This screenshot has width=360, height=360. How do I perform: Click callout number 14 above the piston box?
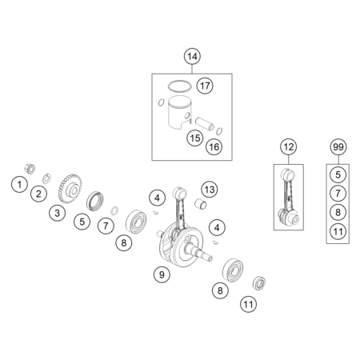pos(192,57)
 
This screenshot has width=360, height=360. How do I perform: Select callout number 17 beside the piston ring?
pos(205,86)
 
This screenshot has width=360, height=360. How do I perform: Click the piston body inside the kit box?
pos(180,113)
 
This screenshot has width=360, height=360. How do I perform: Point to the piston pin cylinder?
pos(205,124)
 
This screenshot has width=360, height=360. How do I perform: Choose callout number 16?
pos(214,146)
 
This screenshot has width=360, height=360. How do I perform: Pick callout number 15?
pos(195,138)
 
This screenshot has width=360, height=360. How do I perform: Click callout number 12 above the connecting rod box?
pos(288,146)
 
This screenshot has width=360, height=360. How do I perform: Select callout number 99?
pos(338,146)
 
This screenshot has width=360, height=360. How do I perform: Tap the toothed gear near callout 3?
pos(70,189)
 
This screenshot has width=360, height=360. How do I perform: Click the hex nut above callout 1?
pos(30,169)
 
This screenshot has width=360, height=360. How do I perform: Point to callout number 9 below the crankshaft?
pos(162,274)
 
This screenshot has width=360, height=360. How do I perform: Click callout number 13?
pos(210,190)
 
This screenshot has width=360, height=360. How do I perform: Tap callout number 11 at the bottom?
pos(248,304)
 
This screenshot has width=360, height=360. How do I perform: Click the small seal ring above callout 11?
pos(258,283)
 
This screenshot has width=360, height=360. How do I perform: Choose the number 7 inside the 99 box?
pos(338,193)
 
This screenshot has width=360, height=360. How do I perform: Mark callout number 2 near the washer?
pos(38,194)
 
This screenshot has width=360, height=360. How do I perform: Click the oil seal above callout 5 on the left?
pos(94,201)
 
